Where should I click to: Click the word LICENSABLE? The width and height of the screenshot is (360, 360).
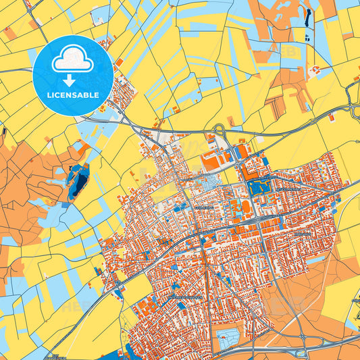click(73, 95)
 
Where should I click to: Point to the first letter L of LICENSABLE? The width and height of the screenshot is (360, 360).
click(49, 95)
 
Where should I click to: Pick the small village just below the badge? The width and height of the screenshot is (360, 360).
click(122, 95)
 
